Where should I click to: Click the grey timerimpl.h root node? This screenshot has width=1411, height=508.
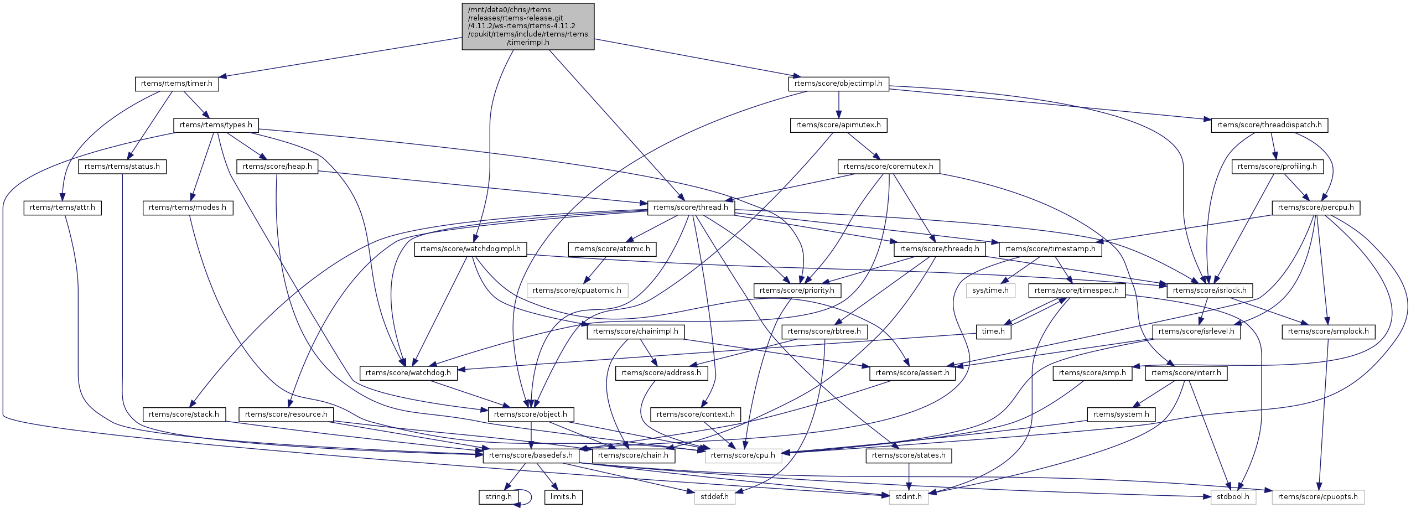(528, 26)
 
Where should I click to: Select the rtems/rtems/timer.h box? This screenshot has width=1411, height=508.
(177, 84)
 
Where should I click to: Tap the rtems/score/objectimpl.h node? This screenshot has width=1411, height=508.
(838, 84)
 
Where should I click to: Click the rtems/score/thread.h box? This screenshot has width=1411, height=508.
(691, 208)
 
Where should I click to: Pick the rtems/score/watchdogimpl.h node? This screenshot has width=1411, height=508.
(470, 249)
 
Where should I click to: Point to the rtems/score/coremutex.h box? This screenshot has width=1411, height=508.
(888, 167)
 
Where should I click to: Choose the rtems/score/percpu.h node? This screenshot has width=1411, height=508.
(1316, 208)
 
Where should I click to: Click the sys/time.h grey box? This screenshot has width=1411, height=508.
(990, 291)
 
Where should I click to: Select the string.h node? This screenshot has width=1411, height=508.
(499, 497)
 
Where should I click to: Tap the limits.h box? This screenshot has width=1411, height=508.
(563, 497)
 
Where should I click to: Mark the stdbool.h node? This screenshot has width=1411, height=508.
(1233, 497)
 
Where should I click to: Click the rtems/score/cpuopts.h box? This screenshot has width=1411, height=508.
(1317, 497)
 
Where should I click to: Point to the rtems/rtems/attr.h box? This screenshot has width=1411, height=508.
(63, 208)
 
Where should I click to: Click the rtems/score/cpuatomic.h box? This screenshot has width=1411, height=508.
(577, 291)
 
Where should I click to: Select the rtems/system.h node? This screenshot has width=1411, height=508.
(1121, 414)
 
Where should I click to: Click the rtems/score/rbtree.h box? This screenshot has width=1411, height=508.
(824, 331)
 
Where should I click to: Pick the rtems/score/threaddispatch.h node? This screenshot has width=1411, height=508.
(1269, 125)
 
